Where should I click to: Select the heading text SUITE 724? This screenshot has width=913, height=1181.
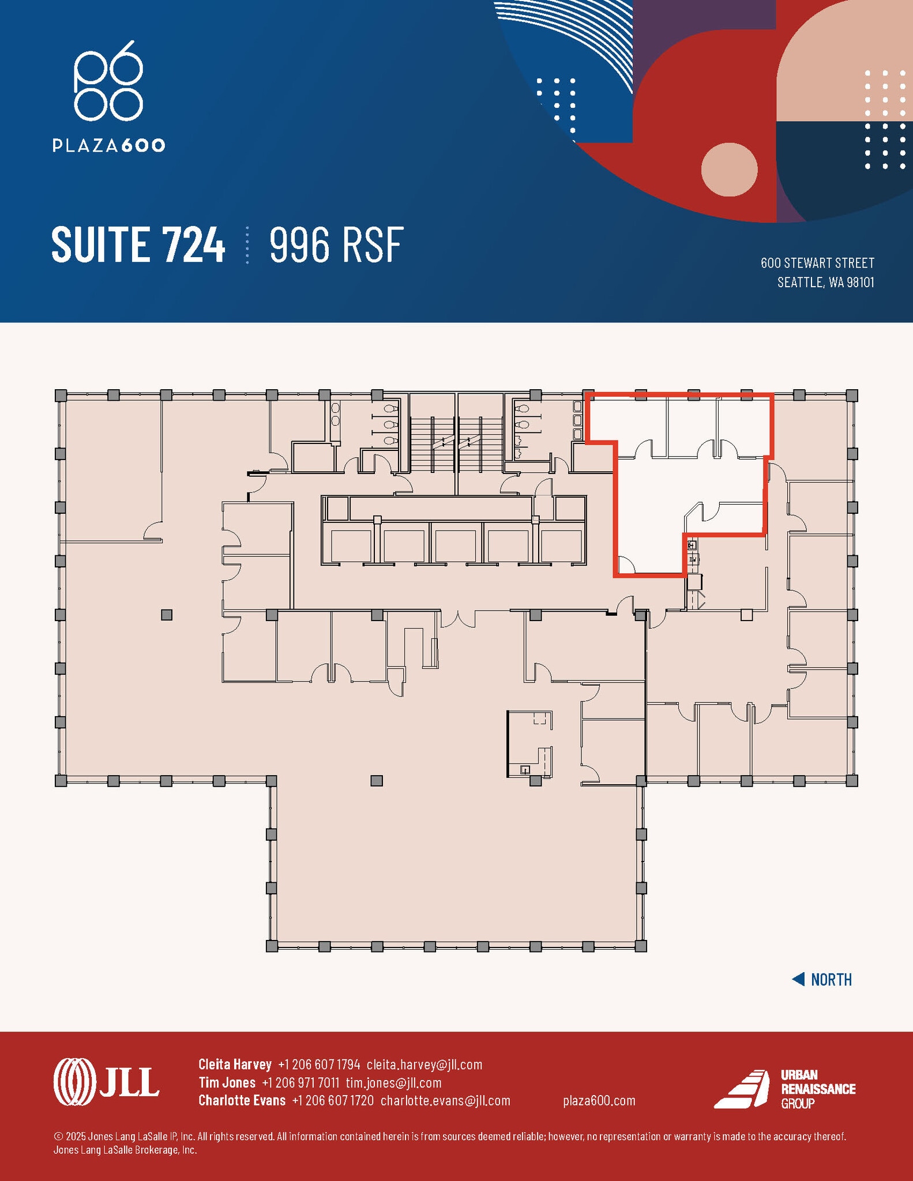pyautogui.click(x=138, y=245)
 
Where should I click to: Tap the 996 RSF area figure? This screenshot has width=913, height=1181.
pyautogui.click(x=336, y=245)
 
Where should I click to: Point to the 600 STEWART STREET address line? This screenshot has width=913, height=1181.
pyautogui.click(x=817, y=263)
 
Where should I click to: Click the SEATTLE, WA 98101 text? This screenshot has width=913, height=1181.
pyautogui.click(x=825, y=282)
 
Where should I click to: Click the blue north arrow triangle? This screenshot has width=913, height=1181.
pyautogui.click(x=798, y=979)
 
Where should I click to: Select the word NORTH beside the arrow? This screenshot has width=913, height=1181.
pyautogui.click(x=831, y=980)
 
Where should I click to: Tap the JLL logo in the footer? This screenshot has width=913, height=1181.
pyautogui.click(x=106, y=1082)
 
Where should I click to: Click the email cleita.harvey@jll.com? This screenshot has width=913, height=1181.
pyautogui.click(x=424, y=1064)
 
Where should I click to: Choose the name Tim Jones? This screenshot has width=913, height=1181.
pyautogui.click(x=227, y=1082)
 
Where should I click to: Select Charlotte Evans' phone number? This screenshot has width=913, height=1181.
pyautogui.click(x=333, y=1100)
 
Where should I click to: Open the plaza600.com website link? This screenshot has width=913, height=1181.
pyautogui.click(x=599, y=1100)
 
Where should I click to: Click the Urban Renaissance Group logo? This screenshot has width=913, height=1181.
pyautogui.click(x=784, y=1089)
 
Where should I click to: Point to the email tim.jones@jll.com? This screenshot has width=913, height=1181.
pyautogui.click(x=393, y=1082)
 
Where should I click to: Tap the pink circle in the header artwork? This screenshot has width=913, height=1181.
pyautogui.click(x=729, y=170)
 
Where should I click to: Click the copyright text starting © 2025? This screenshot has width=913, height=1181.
pyautogui.click(x=449, y=1136)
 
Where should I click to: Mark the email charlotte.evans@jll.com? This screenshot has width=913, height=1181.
pyautogui.click(x=445, y=1100)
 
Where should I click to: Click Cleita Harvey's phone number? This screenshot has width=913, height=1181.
pyautogui.click(x=319, y=1064)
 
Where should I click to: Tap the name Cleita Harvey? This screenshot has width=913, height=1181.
pyautogui.click(x=235, y=1064)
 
